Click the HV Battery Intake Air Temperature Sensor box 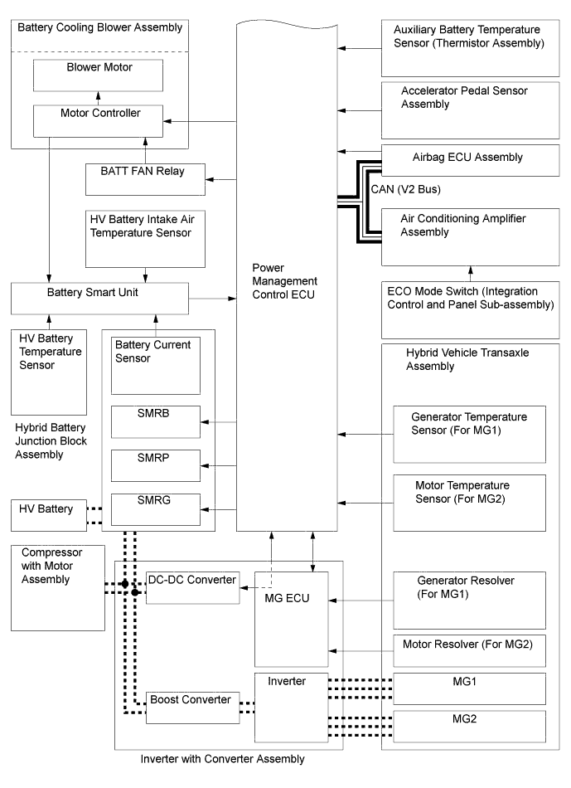point(145,238)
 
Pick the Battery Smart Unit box point(99,296)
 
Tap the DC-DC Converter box point(192,586)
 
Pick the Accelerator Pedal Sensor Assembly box point(463,109)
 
